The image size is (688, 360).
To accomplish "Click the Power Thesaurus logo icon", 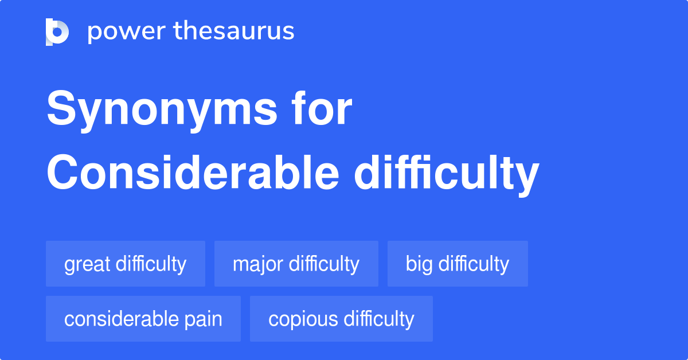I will [x=57, y=32].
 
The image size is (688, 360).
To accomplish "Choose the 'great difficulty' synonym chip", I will [x=126, y=264].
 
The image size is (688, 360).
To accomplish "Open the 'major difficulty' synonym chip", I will [x=296, y=264].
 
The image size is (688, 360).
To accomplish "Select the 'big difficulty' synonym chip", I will [x=458, y=264].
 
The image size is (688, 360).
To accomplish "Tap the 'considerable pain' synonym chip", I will [x=143, y=319].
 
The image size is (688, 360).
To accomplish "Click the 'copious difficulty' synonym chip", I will [x=341, y=319].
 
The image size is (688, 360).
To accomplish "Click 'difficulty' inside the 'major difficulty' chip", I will [x=324, y=264].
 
